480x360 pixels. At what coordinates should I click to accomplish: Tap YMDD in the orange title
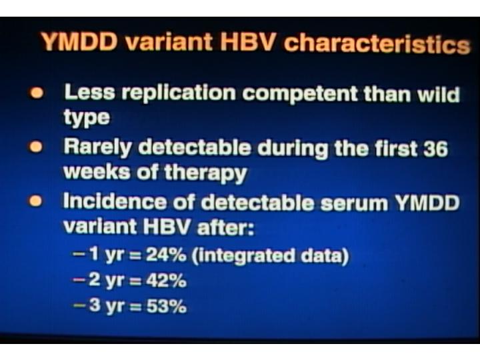[79, 41]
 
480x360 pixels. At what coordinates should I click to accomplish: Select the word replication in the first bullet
[179, 93]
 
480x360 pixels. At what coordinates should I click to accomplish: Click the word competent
[300, 94]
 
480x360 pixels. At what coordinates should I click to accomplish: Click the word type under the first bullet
[87, 117]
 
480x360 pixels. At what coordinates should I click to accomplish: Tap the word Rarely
[97, 147]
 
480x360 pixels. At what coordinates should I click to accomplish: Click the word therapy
[206, 173]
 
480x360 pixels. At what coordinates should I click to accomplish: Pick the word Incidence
[115, 201]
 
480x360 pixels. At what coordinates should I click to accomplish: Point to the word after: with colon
[225, 227]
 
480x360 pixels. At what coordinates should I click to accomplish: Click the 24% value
[166, 255]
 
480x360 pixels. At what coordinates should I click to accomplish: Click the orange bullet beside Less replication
[37, 93]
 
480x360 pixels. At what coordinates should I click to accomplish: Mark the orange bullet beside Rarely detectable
[36, 147]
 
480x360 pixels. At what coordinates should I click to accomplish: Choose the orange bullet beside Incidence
[35, 201]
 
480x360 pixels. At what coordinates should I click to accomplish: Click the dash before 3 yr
[79, 305]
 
